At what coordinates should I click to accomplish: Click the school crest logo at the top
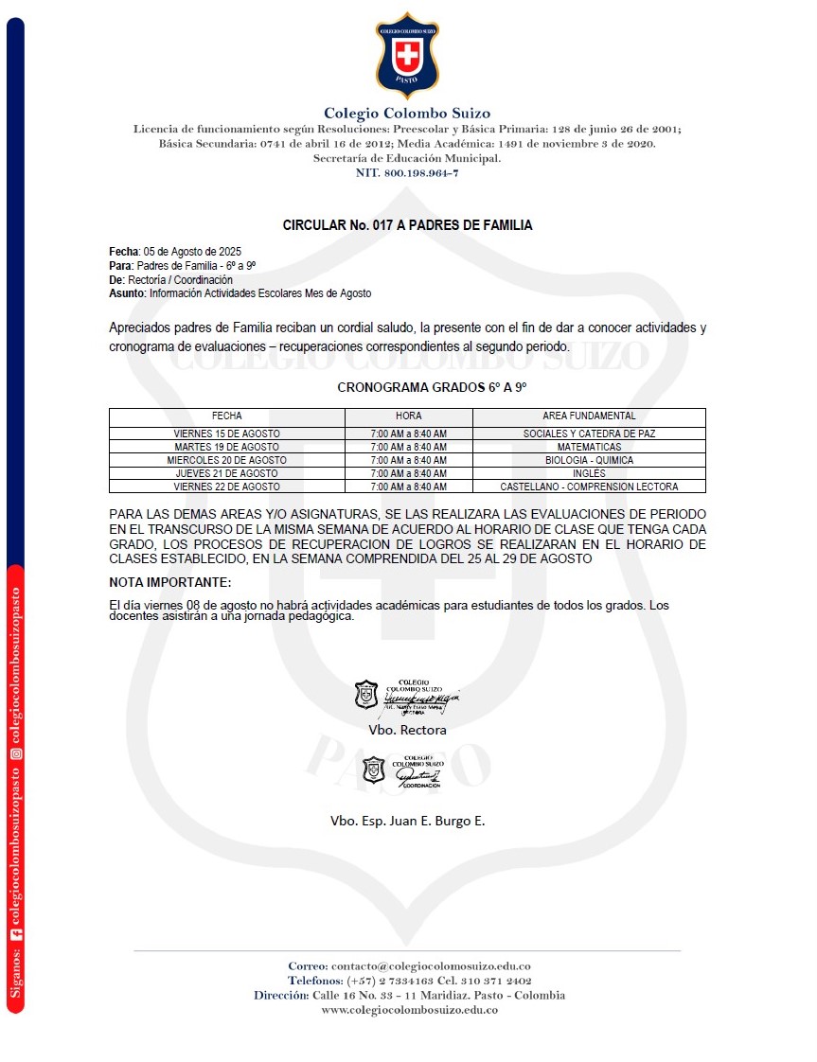[407, 55]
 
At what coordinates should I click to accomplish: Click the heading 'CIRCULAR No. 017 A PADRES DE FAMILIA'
[407, 225]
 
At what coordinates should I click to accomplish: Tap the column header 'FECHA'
[226, 416]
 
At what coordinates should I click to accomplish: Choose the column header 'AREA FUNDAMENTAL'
[589, 416]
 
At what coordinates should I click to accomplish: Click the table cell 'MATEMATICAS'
[589, 447]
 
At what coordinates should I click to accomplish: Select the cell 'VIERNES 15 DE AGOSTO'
[226, 434]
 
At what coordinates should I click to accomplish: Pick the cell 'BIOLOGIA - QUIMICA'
[589, 460]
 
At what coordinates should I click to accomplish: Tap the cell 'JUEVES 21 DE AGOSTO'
[226, 473]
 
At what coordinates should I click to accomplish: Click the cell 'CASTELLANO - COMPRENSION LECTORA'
[589, 487]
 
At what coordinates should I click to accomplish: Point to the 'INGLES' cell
[589, 473]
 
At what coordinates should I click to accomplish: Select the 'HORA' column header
[408, 416]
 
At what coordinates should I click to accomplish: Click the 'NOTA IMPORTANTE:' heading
[170, 581]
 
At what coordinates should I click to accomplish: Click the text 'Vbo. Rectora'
[407, 730]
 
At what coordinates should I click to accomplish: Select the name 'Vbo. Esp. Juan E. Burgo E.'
[407, 821]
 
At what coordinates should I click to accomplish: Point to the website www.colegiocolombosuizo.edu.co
[409, 1010]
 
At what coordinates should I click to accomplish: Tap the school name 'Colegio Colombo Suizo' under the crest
[407, 114]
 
